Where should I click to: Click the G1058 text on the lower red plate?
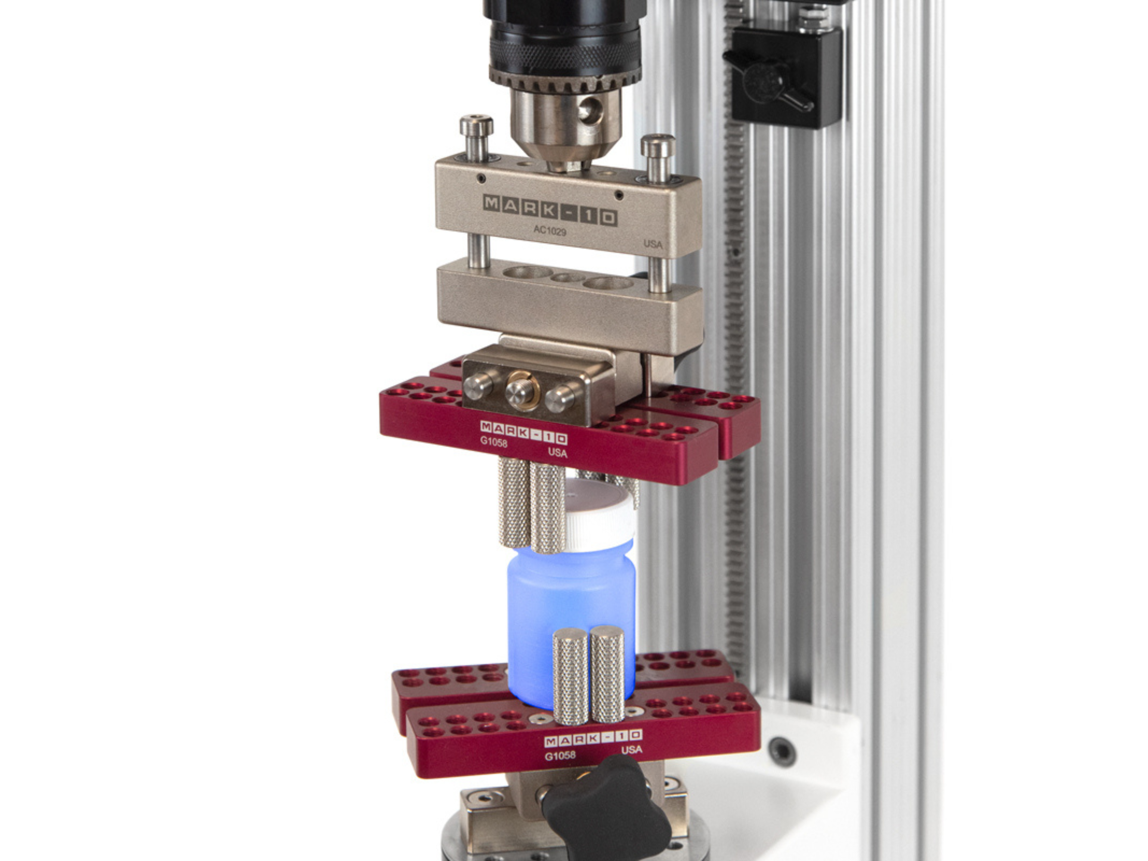[560, 755]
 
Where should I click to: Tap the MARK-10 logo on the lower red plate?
[593, 737]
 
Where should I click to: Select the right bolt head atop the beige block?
[658, 146]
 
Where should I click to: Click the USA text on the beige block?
[653, 244]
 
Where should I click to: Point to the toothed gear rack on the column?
[735, 311]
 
